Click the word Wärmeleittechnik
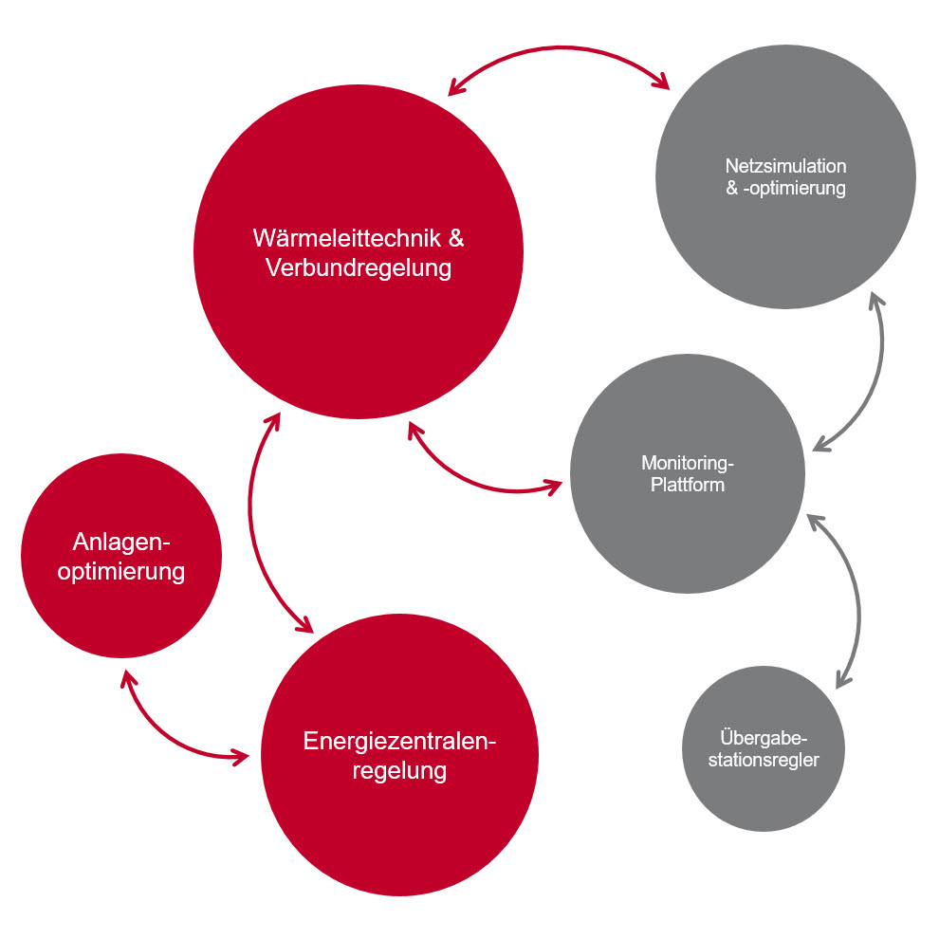click(347, 238)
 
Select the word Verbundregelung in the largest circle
click(359, 267)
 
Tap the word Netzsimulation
click(785, 166)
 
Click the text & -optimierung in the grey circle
click(785, 188)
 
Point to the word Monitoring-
click(688, 463)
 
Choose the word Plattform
click(688, 485)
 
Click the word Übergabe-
click(764, 737)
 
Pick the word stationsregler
click(764, 760)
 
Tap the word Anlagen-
click(121, 542)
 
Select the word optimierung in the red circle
click(121, 571)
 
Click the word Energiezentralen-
click(399, 742)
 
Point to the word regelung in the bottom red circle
click(399, 771)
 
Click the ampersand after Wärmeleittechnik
click(456, 238)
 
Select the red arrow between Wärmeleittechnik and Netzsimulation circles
click(560, 47)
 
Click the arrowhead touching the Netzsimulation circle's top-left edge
click(661, 81)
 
